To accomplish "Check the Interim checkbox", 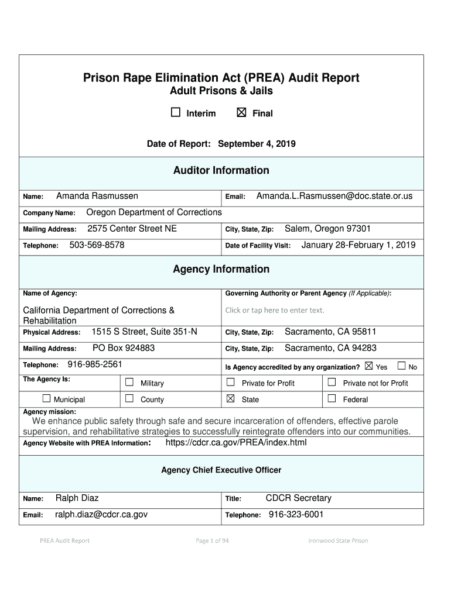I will [176, 113].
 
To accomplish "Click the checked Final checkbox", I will [241, 113].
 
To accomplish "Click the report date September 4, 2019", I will [257, 144].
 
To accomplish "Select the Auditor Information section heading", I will [221, 170].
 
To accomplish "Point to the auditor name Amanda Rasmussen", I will [97, 196].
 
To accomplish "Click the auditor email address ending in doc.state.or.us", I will [334, 196].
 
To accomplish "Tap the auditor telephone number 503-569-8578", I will [97, 245].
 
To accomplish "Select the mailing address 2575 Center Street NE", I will [132, 229].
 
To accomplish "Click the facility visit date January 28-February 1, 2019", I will [358, 245].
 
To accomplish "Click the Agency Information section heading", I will [221, 269].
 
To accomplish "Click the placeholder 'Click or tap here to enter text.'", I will [275, 310].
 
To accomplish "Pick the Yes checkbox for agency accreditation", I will [368, 366].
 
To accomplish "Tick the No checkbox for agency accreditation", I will [401, 366].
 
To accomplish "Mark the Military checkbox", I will [129, 383].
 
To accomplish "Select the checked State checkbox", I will [231, 399].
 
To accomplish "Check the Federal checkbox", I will [332, 399].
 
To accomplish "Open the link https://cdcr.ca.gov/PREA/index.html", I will [236, 442].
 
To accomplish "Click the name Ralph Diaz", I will [77, 498].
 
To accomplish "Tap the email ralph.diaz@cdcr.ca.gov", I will [101, 514].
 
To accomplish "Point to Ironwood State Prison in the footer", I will [338, 541].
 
